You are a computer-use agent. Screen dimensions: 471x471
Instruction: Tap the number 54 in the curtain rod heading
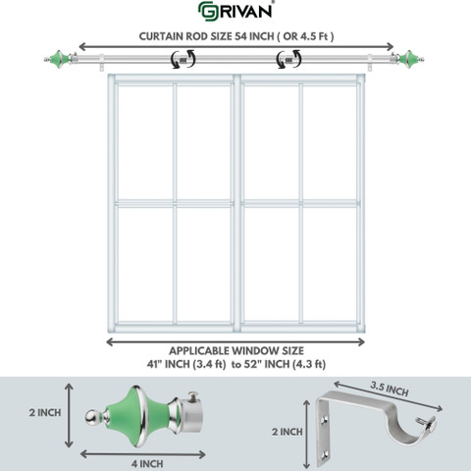(241, 36)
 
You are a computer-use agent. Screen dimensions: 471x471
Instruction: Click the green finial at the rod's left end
(59, 60)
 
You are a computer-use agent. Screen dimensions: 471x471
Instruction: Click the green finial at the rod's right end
(410, 60)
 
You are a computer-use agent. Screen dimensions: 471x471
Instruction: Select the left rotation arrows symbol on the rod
(183, 59)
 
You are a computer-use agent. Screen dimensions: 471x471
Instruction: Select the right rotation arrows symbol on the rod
(288, 59)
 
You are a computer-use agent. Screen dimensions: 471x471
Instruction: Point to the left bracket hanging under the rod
(102, 63)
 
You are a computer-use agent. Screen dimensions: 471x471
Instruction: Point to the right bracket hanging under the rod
(370, 63)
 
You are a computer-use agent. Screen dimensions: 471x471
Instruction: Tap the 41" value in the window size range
(154, 364)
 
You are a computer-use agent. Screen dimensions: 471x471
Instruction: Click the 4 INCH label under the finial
(147, 464)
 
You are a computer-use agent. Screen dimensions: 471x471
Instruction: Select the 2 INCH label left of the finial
(45, 413)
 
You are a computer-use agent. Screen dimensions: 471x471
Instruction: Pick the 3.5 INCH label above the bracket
(390, 389)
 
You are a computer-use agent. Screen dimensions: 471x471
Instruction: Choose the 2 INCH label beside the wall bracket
(288, 432)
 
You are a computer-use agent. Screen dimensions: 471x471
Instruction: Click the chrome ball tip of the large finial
(91, 418)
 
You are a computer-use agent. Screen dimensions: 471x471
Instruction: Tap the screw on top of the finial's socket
(193, 396)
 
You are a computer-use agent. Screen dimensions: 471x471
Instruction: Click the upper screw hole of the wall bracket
(325, 419)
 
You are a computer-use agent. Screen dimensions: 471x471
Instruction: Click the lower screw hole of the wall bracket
(324, 453)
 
